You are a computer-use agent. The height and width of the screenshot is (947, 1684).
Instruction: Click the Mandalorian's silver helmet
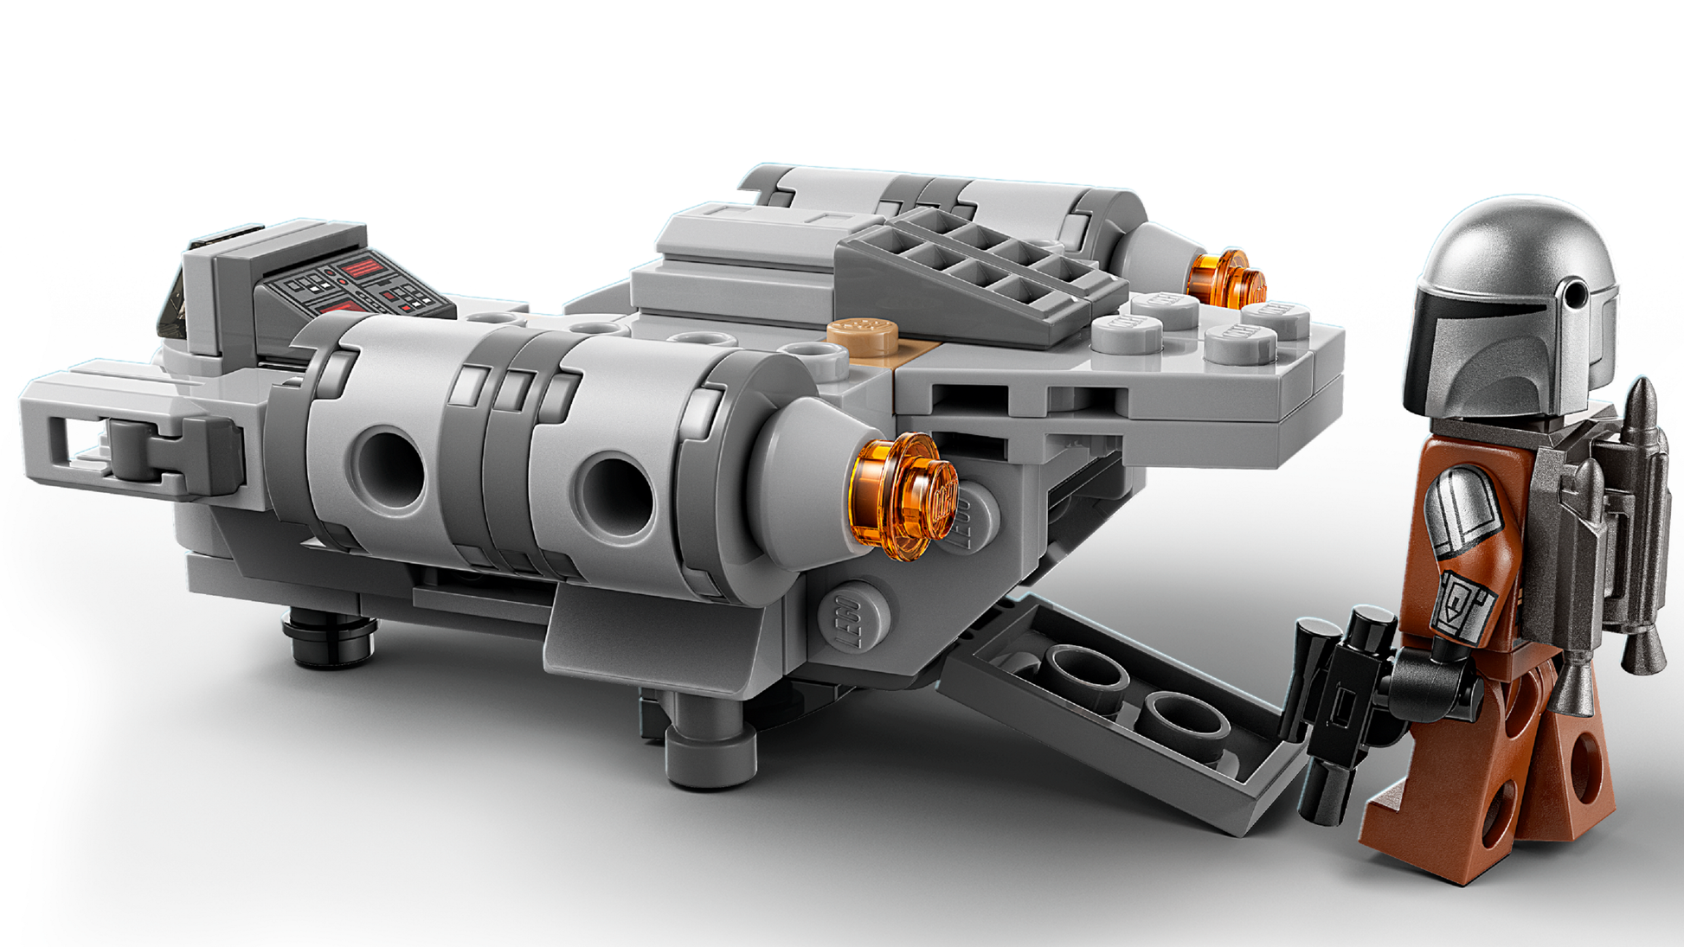coord(1514,259)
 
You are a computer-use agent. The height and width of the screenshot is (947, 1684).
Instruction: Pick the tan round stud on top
coord(862,333)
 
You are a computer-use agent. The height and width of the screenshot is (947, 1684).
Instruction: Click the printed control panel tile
coord(355,285)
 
